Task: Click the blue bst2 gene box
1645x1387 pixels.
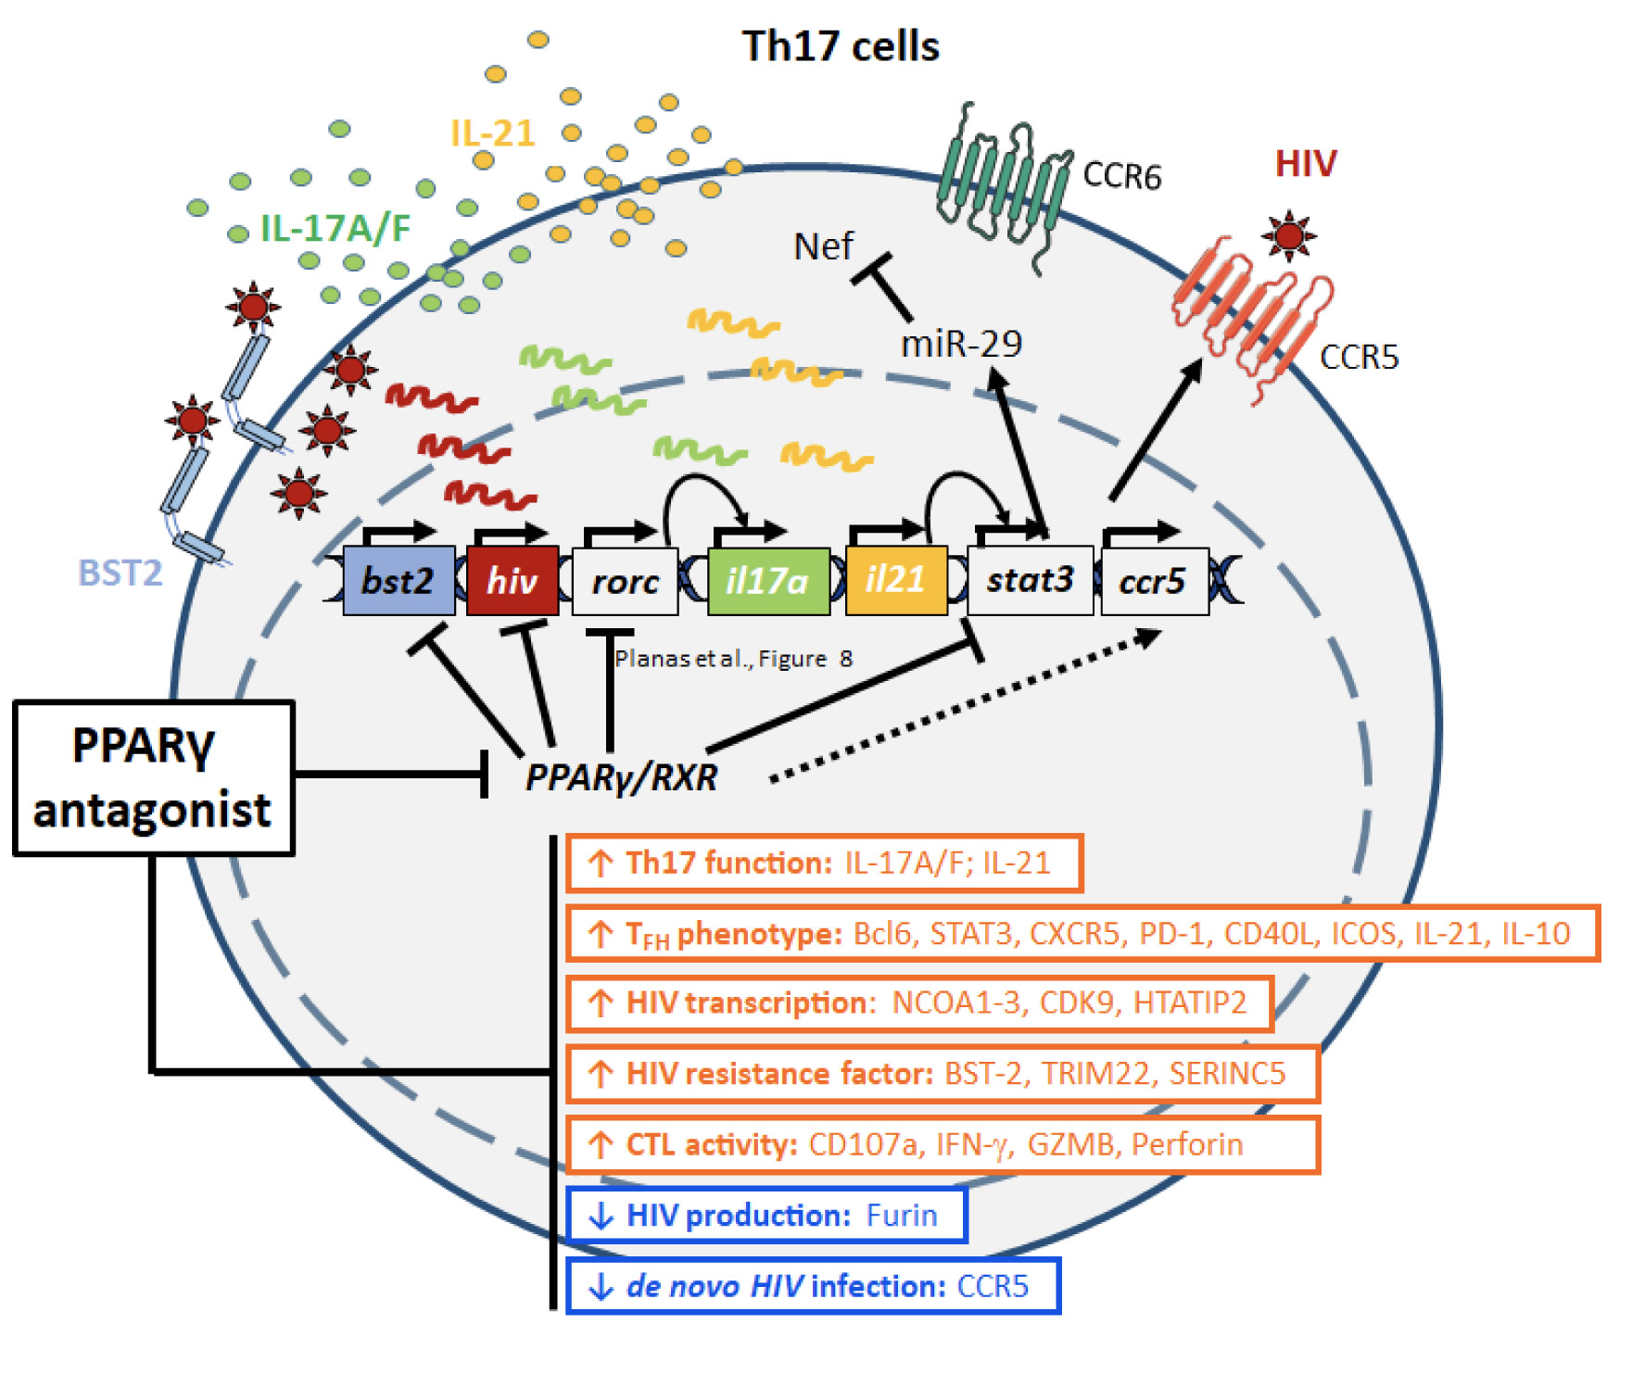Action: [399, 581]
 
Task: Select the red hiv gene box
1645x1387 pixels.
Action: [512, 581]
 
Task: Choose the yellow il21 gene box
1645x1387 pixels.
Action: [895, 581]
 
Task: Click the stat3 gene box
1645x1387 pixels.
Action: [1029, 580]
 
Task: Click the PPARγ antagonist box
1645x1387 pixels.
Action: [153, 777]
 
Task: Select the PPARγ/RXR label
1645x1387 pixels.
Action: [621, 777]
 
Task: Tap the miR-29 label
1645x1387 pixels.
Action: [961, 344]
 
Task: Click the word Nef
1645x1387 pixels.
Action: [823, 246]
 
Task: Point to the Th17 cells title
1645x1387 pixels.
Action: [841, 46]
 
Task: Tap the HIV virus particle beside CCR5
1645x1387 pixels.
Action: [1288, 235]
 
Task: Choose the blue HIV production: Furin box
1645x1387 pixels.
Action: [766, 1215]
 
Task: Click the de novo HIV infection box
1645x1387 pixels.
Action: [813, 1286]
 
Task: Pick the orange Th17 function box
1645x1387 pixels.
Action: [824, 863]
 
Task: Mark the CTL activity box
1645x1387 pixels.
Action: [942, 1144]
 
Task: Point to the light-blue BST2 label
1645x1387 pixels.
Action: [120, 573]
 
